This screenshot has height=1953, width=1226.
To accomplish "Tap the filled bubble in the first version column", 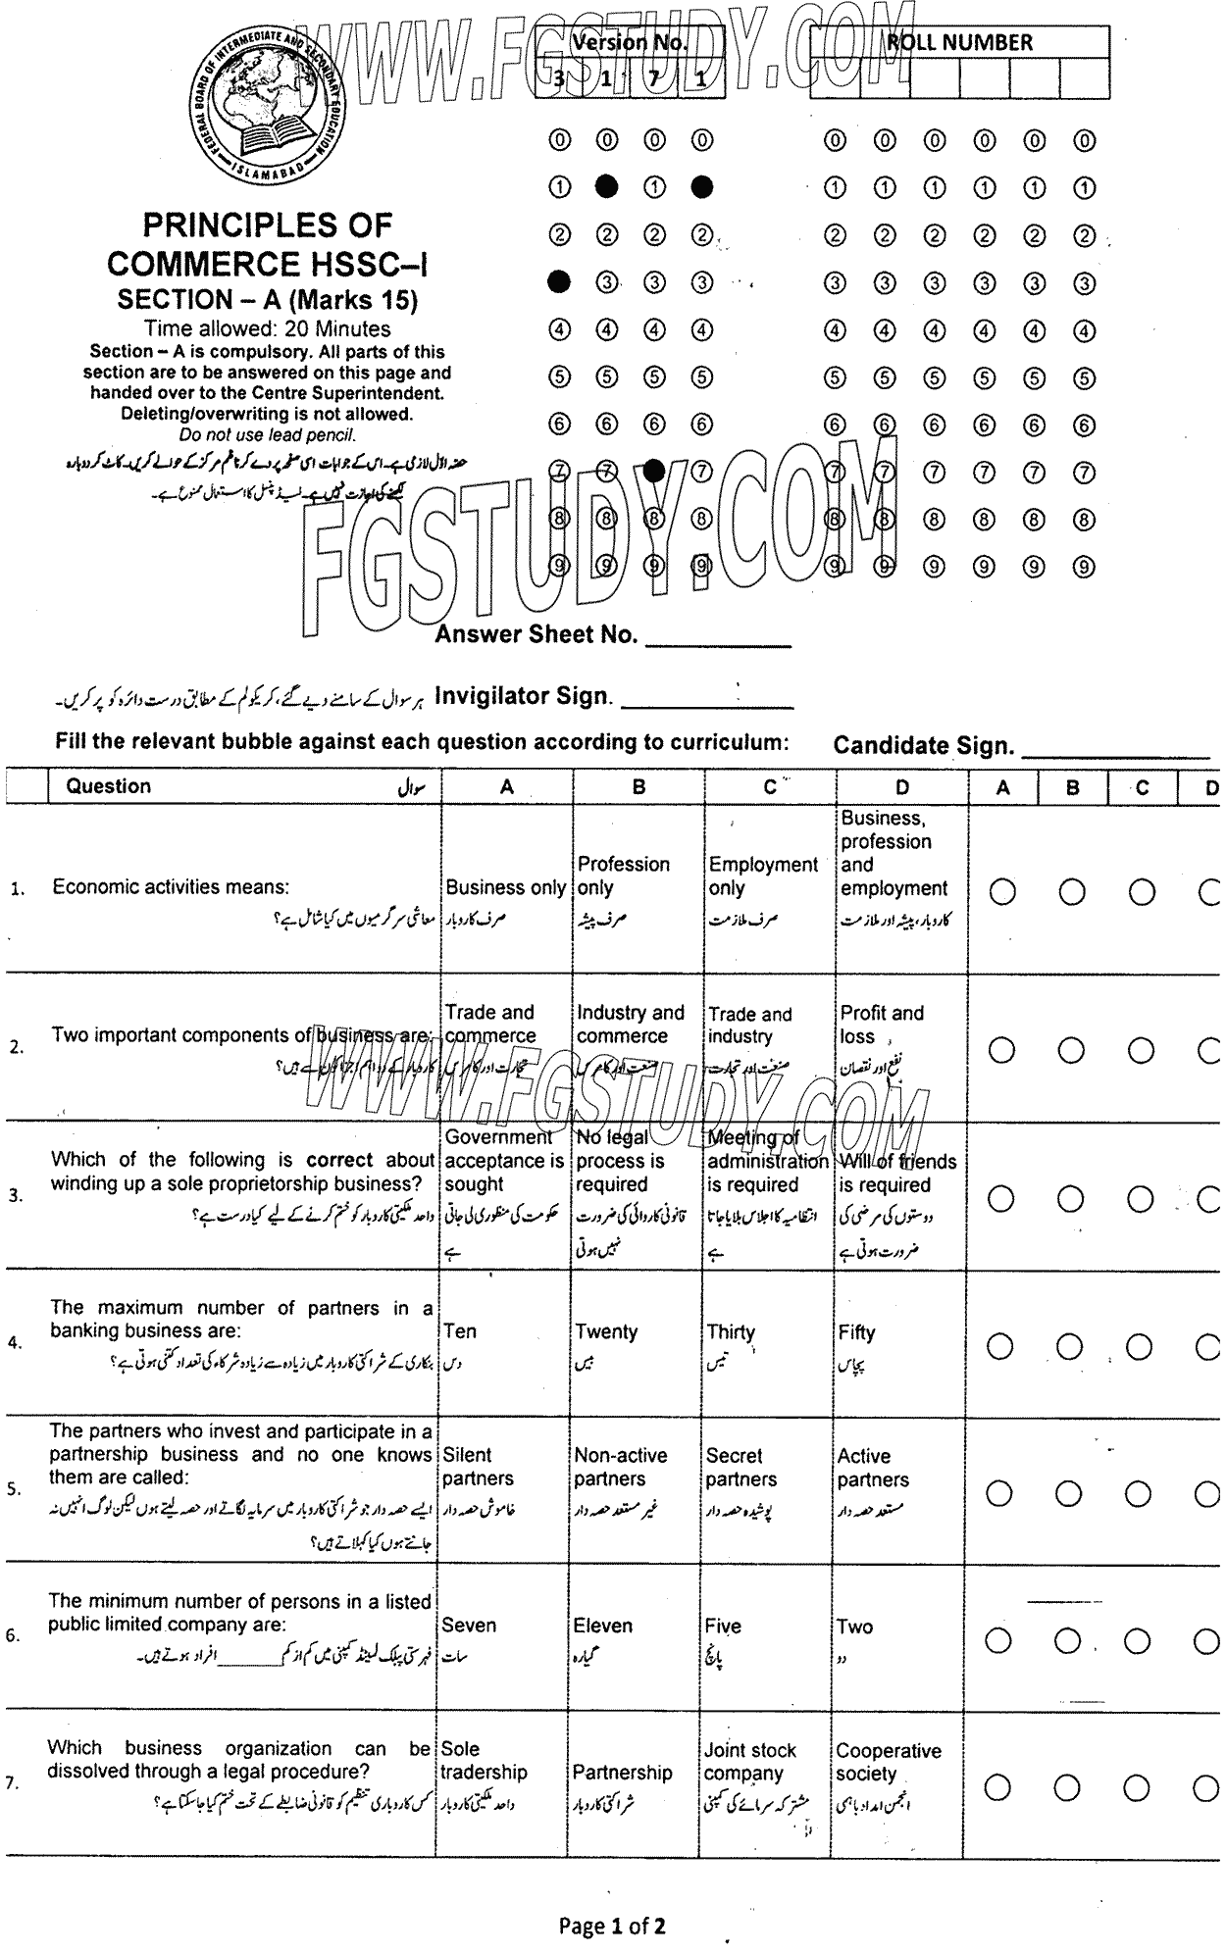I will pos(559,282).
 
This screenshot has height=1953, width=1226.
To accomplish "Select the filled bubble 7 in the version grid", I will pos(654,472).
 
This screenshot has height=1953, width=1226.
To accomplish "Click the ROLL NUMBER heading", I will pos(959,42).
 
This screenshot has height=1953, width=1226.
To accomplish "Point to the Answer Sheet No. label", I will pos(536,634).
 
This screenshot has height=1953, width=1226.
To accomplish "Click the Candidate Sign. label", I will pos(923,746).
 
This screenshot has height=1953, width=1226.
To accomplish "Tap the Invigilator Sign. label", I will pos(524,696).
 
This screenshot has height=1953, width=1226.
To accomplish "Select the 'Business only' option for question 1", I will pos(505,887).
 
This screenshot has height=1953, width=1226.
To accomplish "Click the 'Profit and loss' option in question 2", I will pos(881,1025).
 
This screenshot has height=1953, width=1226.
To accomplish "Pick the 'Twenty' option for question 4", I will pos(606,1331).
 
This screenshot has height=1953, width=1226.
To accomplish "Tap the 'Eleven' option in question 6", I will pos(602,1626).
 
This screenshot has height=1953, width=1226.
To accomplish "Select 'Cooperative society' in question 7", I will pos(888,1762).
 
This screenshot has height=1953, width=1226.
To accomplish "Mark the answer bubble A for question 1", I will pos(1002,892).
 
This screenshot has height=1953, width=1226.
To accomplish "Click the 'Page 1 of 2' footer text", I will pos(612,1927).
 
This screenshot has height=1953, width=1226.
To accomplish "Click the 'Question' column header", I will pos(108,786).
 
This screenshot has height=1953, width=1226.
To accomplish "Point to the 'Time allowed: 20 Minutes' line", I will pos(267,329).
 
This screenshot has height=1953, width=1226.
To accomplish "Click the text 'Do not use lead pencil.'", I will pos(267,434).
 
